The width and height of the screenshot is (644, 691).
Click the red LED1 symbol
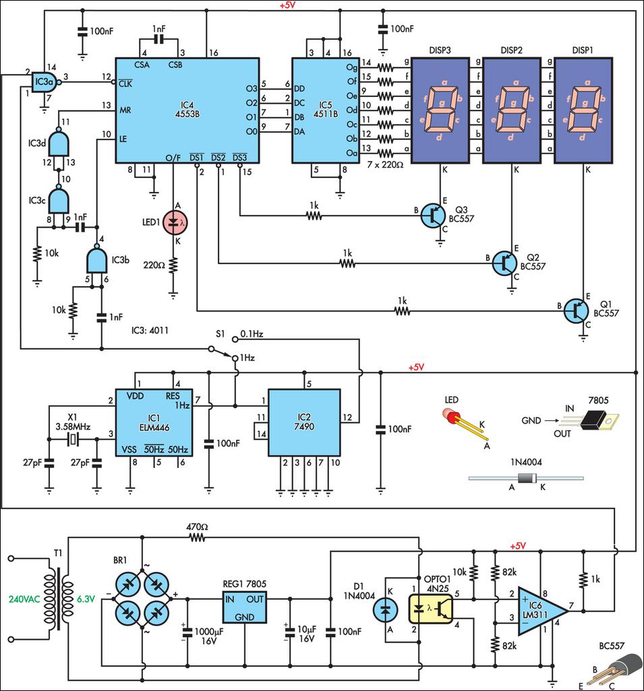click(173, 221)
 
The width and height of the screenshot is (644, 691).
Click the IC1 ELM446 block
click(152, 422)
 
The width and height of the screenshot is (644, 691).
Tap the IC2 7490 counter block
click(303, 422)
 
